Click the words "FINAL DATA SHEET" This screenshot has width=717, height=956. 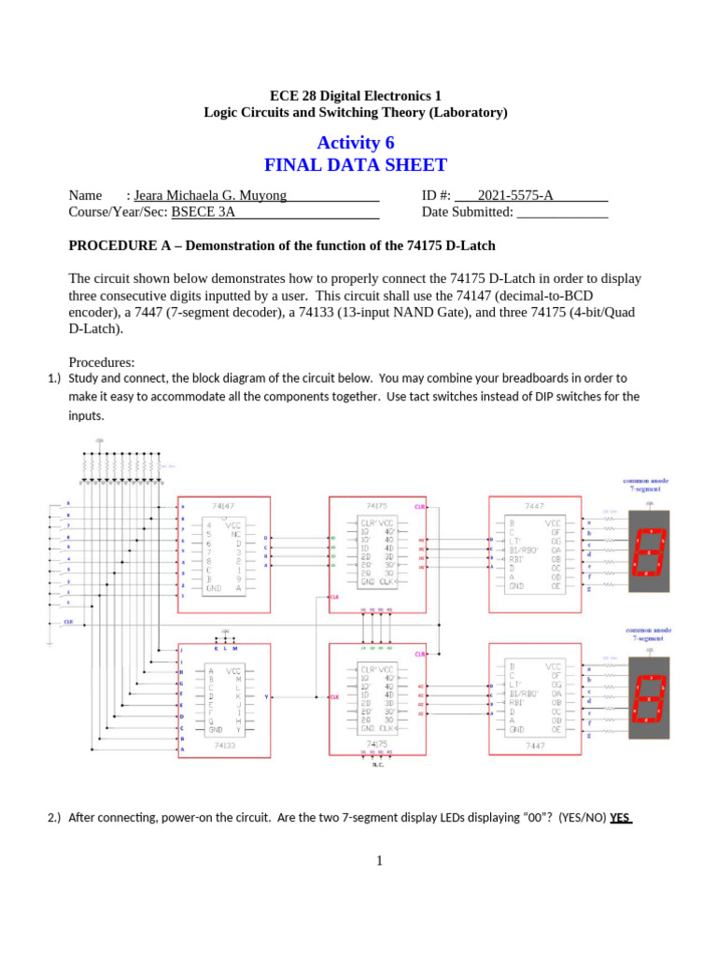click(x=356, y=166)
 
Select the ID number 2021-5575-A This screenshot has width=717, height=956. click(x=515, y=195)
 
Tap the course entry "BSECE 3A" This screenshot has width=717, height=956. click(x=204, y=212)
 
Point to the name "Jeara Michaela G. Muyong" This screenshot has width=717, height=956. click(x=210, y=195)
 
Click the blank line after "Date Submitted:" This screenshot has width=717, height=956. click(x=562, y=212)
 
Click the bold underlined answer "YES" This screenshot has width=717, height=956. click(x=621, y=818)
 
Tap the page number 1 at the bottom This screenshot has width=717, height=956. click(x=380, y=860)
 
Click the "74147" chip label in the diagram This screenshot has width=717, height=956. click(x=224, y=504)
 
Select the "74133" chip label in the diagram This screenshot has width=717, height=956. click(x=224, y=745)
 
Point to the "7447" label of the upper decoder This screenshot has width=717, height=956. click(x=535, y=505)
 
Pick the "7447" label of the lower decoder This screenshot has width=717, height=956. click(x=535, y=745)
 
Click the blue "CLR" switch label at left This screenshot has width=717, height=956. click(x=68, y=621)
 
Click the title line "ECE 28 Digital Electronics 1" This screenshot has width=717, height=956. click(x=356, y=95)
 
